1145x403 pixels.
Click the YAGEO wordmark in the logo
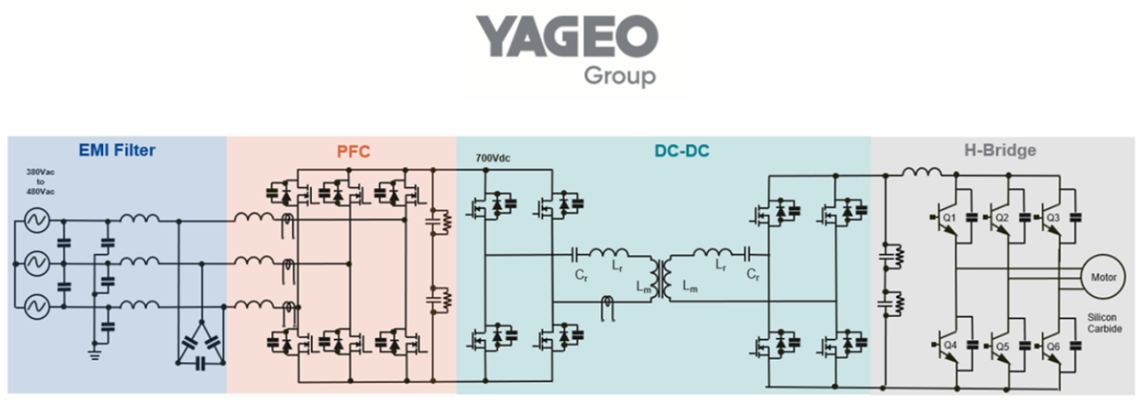568,38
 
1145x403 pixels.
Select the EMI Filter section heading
117,150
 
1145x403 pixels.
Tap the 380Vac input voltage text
35,174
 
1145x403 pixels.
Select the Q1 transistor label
950,218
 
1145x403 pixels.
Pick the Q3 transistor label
1053,218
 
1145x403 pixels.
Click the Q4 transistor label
950,344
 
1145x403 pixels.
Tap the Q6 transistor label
1053,344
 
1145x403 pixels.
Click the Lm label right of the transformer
690,286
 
